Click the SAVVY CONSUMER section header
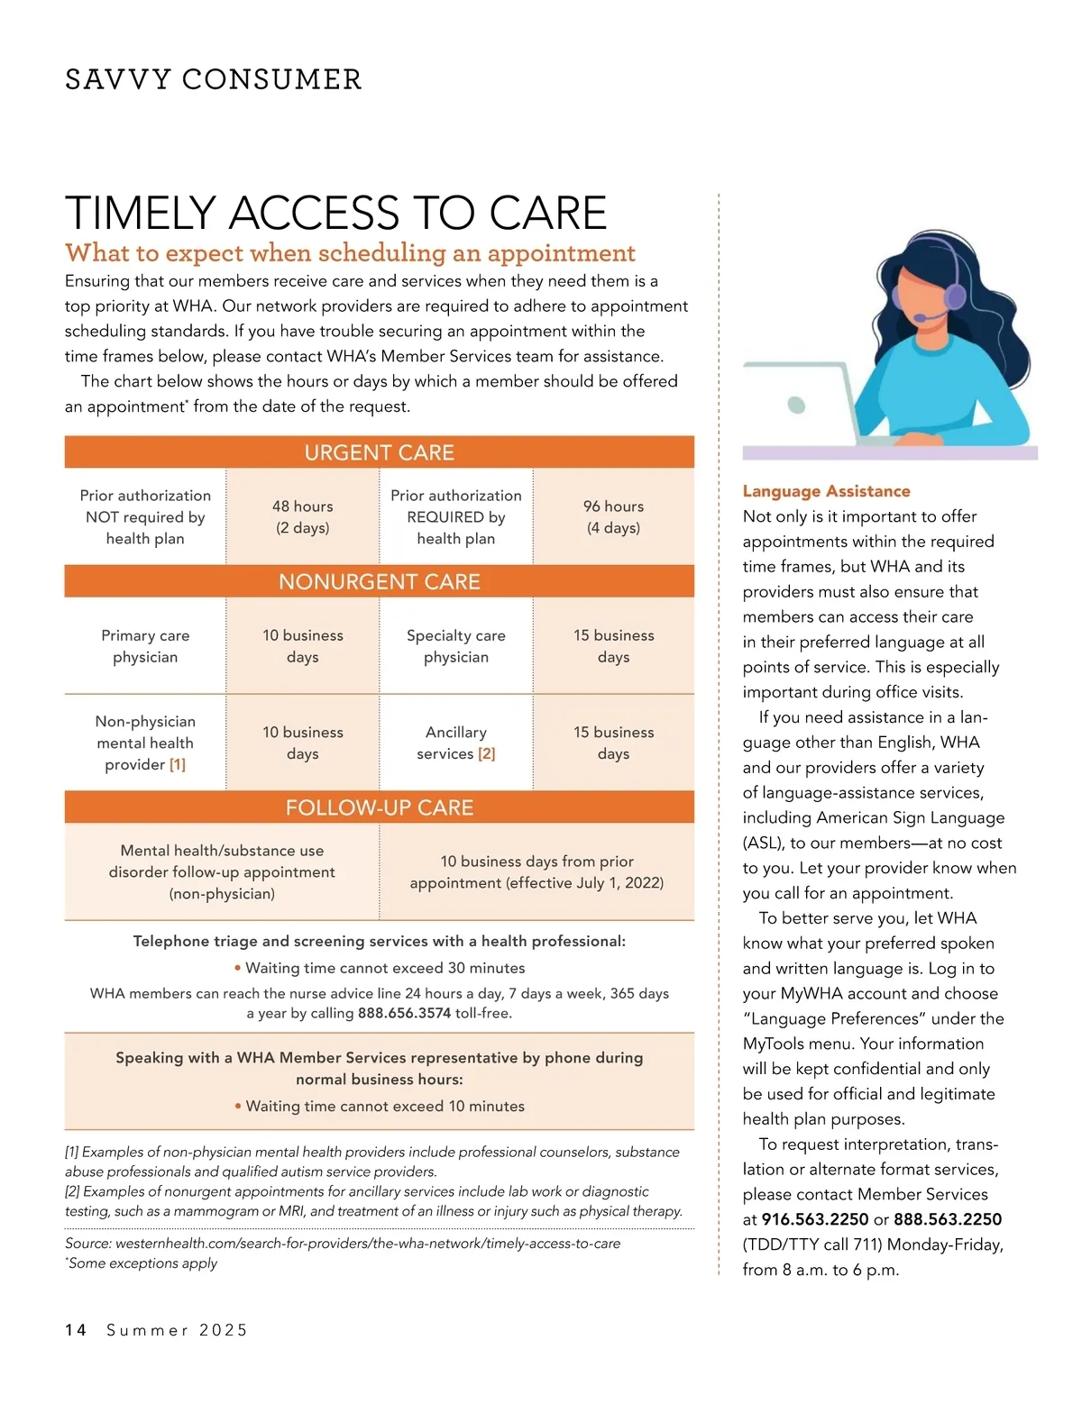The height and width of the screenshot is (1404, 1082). [214, 79]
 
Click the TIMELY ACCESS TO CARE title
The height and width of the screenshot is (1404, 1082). [335, 214]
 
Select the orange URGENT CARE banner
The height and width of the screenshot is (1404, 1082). [379, 452]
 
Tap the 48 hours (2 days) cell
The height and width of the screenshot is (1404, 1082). [303, 517]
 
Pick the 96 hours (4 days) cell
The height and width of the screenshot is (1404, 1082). [613, 517]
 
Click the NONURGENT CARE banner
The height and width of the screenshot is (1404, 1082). [379, 582]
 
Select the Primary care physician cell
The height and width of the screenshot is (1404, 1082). [145, 646]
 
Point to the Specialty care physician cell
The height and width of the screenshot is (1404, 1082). [456, 646]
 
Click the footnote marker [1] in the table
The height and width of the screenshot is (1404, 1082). [178, 765]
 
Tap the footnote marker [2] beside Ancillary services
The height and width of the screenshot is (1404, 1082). [487, 754]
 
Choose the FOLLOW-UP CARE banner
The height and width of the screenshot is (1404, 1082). [379, 807]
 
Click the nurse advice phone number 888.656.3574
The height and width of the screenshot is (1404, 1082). [404, 1014]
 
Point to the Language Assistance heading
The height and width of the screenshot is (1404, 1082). [826, 491]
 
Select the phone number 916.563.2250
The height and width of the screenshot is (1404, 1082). [815, 1219]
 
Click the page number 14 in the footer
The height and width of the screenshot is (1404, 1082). [76, 1330]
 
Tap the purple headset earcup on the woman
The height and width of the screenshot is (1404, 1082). [954, 295]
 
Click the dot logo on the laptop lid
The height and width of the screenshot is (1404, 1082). [796, 405]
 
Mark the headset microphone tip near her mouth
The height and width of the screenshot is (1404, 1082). [918, 318]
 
